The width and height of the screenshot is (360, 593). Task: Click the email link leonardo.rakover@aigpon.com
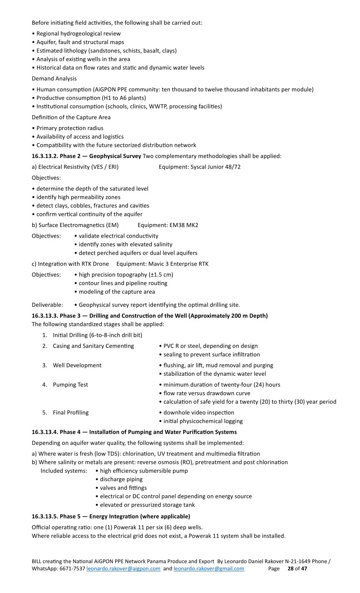click(x=123, y=568)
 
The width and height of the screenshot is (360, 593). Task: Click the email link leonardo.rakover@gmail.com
click(x=209, y=568)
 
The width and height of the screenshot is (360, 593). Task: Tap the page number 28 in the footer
click(x=291, y=568)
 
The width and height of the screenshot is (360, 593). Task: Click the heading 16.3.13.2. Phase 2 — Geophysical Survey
click(x=86, y=156)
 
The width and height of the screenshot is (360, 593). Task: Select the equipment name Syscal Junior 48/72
click(x=216, y=167)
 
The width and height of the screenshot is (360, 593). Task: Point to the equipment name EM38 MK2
click(x=184, y=225)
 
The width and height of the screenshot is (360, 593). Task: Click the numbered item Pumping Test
click(x=70, y=385)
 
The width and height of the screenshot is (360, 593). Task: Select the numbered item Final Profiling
click(x=71, y=413)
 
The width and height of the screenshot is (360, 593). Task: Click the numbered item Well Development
click(x=77, y=365)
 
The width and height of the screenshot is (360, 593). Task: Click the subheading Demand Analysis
click(x=54, y=78)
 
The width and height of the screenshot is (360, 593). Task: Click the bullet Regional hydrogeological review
click(x=78, y=33)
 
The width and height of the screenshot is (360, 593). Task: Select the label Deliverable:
click(x=47, y=305)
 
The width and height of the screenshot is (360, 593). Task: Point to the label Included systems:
click(x=64, y=471)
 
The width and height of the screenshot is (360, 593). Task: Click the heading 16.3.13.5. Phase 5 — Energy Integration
click(x=111, y=516)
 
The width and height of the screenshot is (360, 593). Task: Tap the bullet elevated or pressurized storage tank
click(x=147, y=505)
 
